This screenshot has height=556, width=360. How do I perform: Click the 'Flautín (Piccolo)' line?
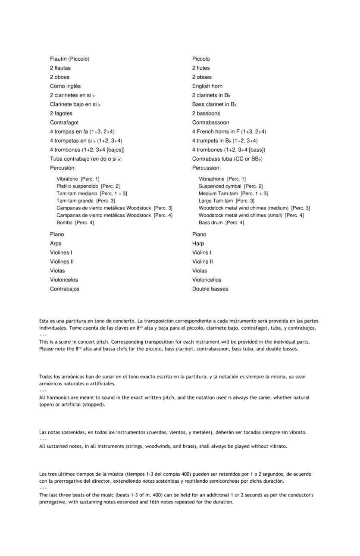(x=69, y=59)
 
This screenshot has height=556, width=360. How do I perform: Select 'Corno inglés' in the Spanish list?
(x=65, y=86)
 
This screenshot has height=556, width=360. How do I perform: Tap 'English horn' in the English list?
(x=207, y=86)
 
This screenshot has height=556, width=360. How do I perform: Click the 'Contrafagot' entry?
(x=64, y=122)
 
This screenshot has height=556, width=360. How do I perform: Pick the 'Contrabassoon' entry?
(x=211, y=122)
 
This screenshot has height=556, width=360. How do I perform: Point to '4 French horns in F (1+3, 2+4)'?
(x=229, y=131)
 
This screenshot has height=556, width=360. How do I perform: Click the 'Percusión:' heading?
(x=63, y=168)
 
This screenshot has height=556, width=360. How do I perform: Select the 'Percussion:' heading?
(x=207, y=168)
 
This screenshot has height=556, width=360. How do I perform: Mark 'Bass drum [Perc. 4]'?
(x=221, y=223)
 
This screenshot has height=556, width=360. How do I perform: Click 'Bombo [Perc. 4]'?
(x=75, y=223)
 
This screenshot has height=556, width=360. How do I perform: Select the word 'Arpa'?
(x=56, y=244)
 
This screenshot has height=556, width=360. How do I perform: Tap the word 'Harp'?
(x=198, y=244)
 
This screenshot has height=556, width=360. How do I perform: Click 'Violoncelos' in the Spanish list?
(x=64, y=280)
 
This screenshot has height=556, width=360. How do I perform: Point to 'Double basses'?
(x=210, y=289)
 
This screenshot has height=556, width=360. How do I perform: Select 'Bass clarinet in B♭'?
(x=214, y=104)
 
